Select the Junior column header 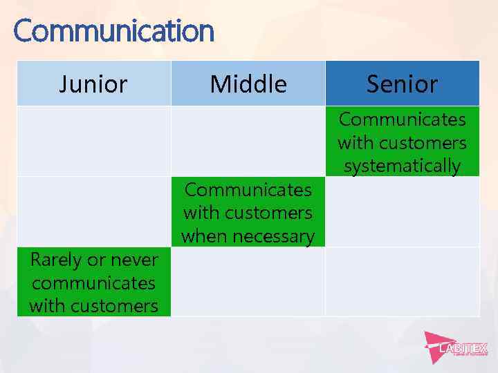point(93,84)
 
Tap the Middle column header point(248,84)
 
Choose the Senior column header point(402,84)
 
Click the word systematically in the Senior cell point(402,166)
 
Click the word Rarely point(56,260)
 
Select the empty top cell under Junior point(93,141)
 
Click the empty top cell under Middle point(248,141)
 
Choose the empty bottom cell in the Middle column point(248,282)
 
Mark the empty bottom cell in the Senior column point(402,282)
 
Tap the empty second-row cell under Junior point(93,211)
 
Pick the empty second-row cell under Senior point(402,211)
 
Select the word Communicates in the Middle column point(248,189)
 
